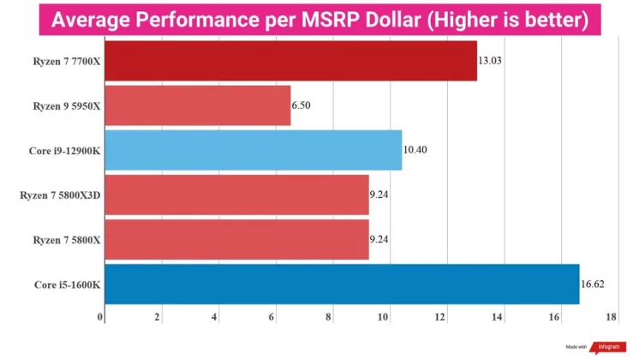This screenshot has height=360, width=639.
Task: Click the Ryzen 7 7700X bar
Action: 290,61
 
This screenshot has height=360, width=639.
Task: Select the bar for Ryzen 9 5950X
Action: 197,105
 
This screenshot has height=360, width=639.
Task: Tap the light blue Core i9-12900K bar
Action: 253,150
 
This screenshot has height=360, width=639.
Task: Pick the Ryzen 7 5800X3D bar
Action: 236,195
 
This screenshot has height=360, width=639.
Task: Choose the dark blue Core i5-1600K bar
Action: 341,284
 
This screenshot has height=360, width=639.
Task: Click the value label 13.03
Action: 491,61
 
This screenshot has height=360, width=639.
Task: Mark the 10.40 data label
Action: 415,150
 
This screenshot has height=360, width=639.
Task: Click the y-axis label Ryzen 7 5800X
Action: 61,239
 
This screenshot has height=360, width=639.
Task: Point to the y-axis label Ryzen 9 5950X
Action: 61,105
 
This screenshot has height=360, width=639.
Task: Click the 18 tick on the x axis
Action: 610,317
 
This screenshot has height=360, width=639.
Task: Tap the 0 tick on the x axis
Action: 101,317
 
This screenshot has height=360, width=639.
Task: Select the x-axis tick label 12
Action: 440,317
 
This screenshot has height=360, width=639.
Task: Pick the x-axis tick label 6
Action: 272,317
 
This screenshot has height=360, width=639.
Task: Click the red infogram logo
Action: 603,347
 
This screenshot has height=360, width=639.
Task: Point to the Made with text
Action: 576,347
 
